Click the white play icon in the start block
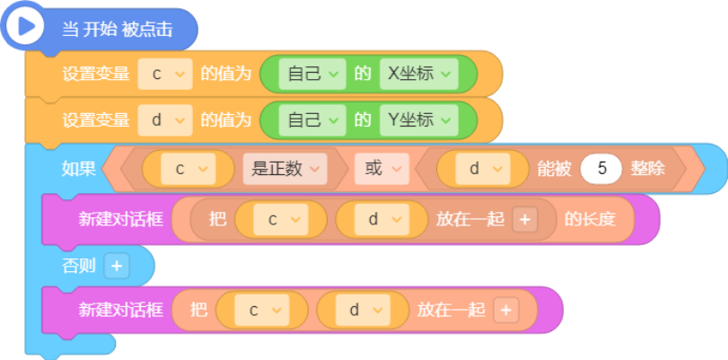[24, 26]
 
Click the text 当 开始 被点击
[117, 30]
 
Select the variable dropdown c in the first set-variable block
[165, 74]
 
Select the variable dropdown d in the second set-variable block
[165, 120]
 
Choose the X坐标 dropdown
[419, 74]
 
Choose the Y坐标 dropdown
[419, 120]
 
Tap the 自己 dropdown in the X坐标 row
[312, 74]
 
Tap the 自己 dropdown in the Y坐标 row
[312, 120]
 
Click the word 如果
[78, 169]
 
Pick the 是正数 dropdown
[285, 169]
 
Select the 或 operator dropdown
[382, 169]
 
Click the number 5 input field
[601, 169]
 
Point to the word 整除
[647, 169]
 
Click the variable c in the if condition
[188, 169]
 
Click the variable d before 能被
[483, 169]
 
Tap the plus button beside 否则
[117, 266]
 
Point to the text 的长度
[590, 219]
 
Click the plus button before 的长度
[525, 219]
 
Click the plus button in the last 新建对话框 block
[506, 310]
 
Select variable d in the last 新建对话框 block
[363, 310]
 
